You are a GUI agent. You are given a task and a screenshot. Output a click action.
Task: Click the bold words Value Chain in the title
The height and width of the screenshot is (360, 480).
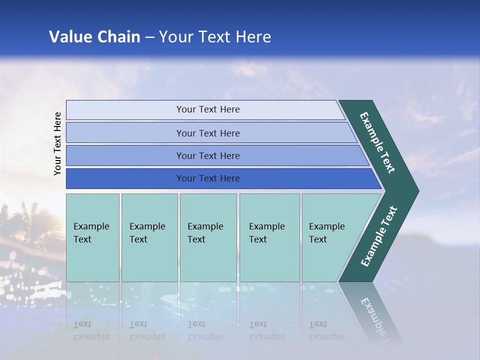(94, 37)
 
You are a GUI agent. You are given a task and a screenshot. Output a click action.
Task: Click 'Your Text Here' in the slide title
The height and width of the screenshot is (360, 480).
(215, 37)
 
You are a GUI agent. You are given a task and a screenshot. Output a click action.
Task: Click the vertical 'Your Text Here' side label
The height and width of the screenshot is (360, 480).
(57, 143)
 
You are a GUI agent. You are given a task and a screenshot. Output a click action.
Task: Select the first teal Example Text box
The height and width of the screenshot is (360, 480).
(92, 237)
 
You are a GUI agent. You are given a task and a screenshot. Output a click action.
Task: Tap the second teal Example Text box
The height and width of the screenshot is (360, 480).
(149, 237)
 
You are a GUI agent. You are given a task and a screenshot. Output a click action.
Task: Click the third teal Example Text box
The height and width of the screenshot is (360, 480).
(208, 237)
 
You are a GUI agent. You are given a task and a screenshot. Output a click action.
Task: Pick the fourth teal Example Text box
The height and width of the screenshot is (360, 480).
(269, 237)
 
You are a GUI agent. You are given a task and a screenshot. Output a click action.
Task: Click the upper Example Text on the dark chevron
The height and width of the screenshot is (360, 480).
(378, 142)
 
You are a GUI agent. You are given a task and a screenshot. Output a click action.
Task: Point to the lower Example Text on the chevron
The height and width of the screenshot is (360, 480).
(378, 236)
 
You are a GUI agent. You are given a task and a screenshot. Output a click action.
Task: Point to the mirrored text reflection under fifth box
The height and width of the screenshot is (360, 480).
(326, 330)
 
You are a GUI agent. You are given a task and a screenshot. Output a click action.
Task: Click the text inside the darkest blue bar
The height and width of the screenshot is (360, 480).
(208, 178)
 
